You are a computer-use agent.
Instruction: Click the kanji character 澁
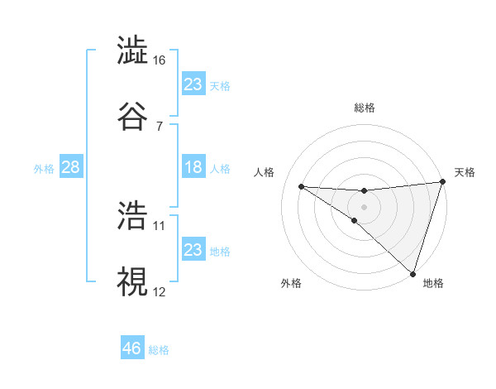pos(132,51)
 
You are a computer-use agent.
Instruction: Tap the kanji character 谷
pos(132,116)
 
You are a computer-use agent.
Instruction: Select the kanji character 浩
pos(132,216)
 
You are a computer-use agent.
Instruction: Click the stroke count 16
pos(160,60)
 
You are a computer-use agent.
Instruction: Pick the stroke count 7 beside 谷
pos(160,126)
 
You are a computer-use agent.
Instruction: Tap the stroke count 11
pos(160,225)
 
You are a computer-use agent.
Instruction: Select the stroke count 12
pos(160,291)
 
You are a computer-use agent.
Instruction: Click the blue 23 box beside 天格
pos(193,84)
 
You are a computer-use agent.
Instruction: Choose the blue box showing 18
pos(193,167)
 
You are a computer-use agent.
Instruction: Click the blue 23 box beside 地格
pos(193,250)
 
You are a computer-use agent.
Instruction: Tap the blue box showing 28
pos(71,167)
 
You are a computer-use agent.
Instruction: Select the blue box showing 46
pos(132,348)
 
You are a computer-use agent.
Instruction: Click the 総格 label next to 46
pos(159,350)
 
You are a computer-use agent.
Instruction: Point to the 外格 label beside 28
pos(44,168)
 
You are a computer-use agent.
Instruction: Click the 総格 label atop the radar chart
pos(365,108)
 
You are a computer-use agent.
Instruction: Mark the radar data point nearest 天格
pos(442,183)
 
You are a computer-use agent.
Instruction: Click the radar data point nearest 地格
pos(413,273)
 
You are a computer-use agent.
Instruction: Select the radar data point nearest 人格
pos(301,186)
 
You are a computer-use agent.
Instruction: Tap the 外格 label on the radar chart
pos(291,284)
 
